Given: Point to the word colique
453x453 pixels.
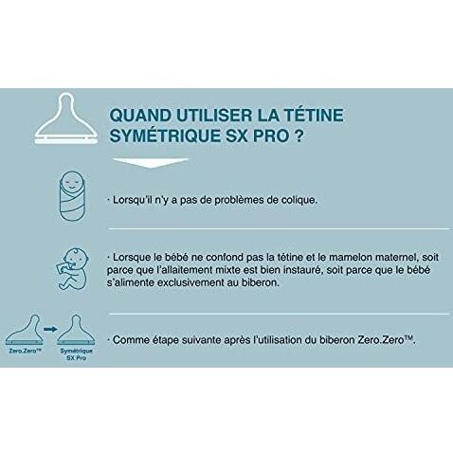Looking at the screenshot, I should [317, 202].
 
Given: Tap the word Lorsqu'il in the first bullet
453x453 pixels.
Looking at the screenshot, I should [136, 202].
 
